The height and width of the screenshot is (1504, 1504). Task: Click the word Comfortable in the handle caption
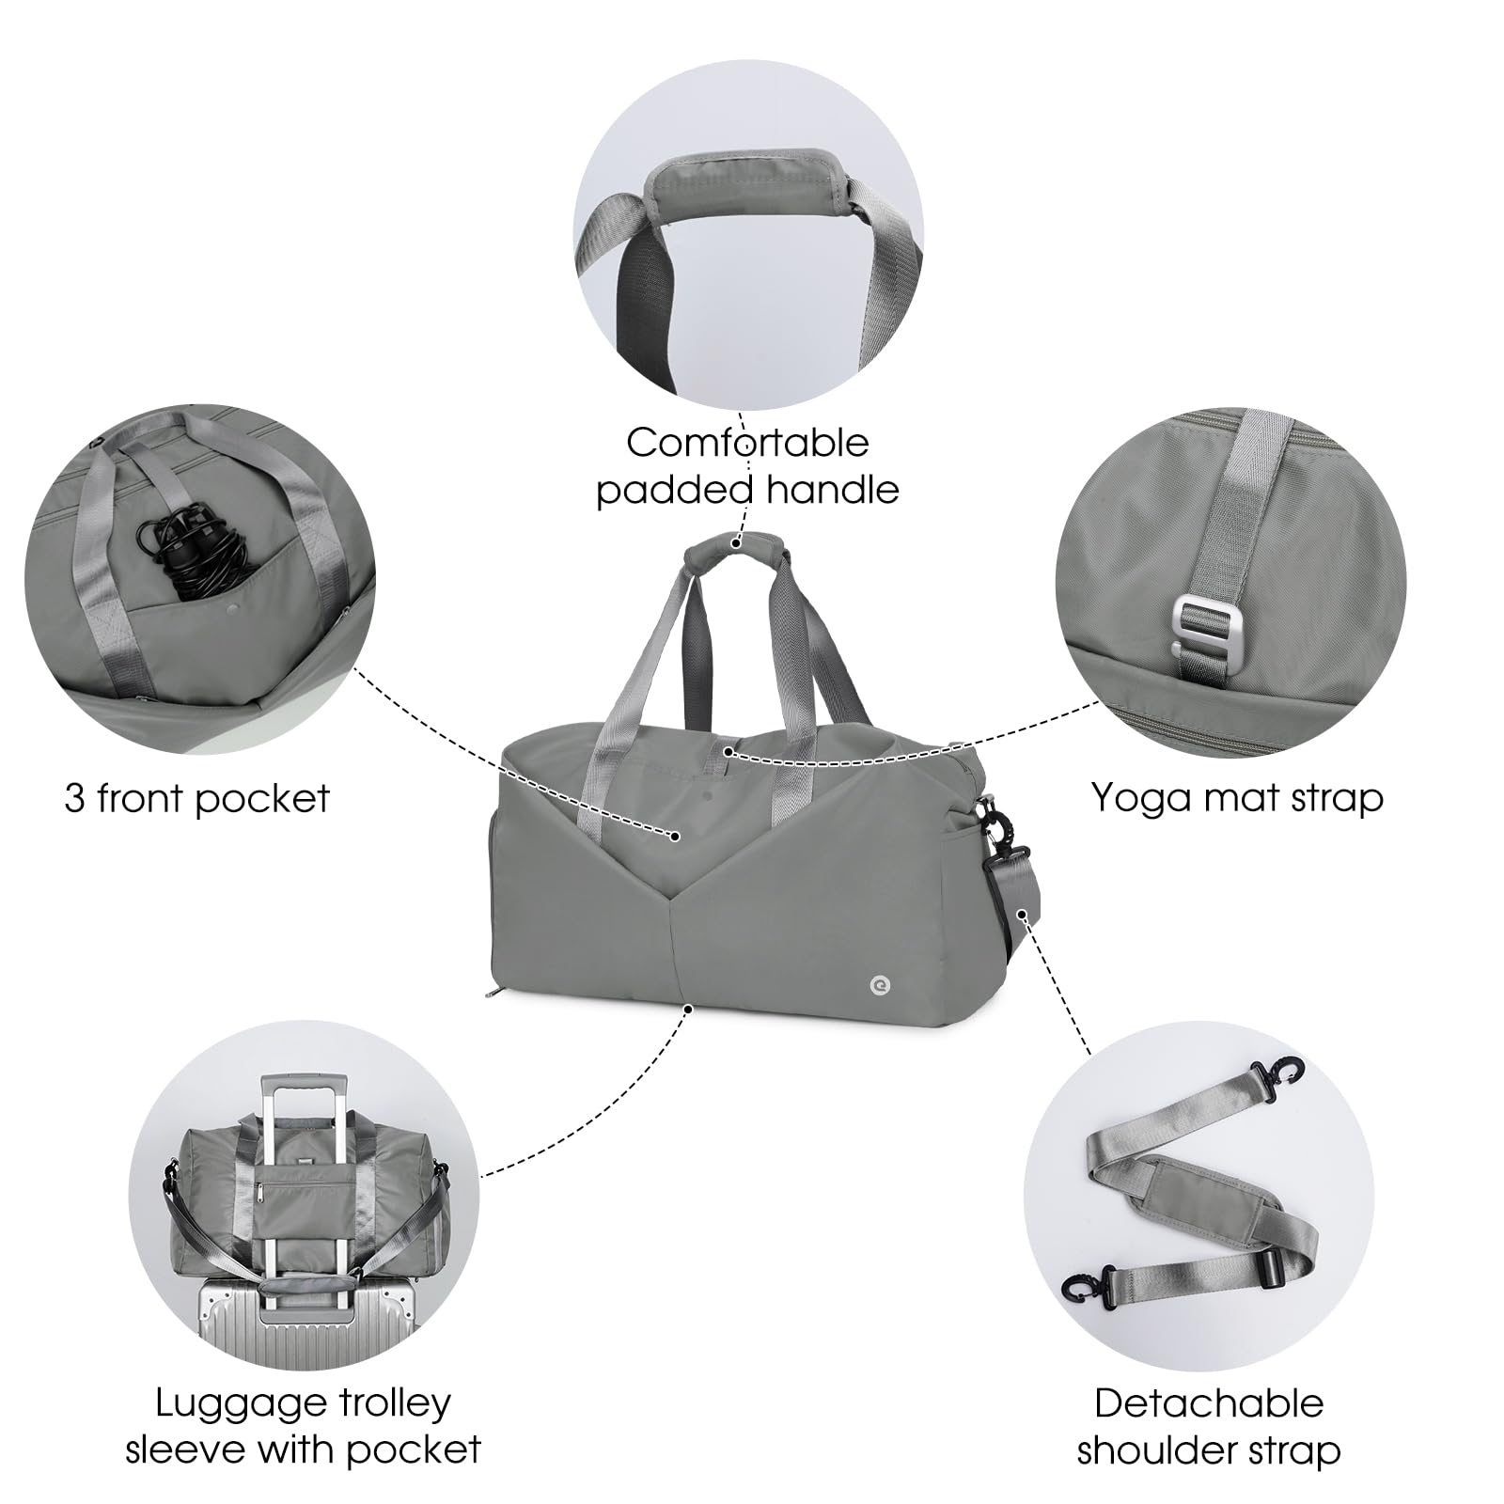(x=748, y=443)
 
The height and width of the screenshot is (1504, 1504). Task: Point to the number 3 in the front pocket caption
(x=75, y=799)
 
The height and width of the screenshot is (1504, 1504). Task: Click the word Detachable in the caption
(x=1209, y=1403)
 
